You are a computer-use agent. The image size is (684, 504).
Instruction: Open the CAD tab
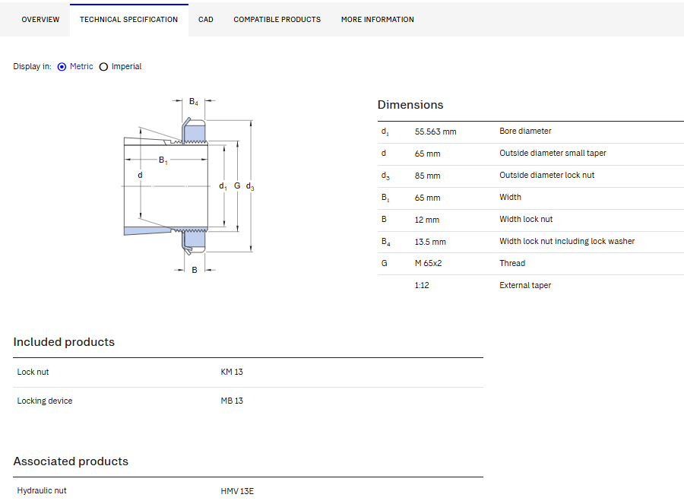205,20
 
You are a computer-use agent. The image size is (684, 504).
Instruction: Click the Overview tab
40,20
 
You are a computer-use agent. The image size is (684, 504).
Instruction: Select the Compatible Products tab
277,20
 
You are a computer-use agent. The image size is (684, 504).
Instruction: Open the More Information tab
377,20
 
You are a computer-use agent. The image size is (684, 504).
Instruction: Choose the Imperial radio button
103,67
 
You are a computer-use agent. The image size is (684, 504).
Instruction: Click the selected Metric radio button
62,67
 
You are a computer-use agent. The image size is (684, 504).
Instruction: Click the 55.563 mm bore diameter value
435,132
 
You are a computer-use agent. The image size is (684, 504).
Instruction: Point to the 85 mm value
427,176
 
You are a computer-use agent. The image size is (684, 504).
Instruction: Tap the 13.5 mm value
430,242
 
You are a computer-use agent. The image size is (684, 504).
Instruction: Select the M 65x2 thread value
428,263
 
